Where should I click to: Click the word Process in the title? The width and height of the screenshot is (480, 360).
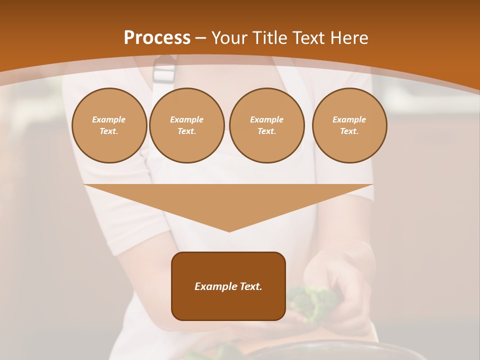pyautogui.click(x=157, y=38)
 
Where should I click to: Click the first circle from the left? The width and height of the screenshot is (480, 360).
pyautogui.click(x=109, y=125)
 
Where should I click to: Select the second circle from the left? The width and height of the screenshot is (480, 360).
pyautogui.click(x=186, y=125)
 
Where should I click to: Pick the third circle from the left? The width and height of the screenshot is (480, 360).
pyautogui.click(x=266, y=125)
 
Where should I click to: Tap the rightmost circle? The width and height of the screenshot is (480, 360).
pyautogui.click(x=349, y=125)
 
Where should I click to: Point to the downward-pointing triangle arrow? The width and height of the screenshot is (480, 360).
pyautogui.click(x=228, y=202)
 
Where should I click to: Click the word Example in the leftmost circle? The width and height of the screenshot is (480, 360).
pyautogui.click(x=108, y=119)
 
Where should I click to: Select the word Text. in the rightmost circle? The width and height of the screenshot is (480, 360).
pyautogui.click(x=349, y=131)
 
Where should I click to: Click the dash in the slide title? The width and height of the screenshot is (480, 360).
pyautogui.click(x=200, y=38)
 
